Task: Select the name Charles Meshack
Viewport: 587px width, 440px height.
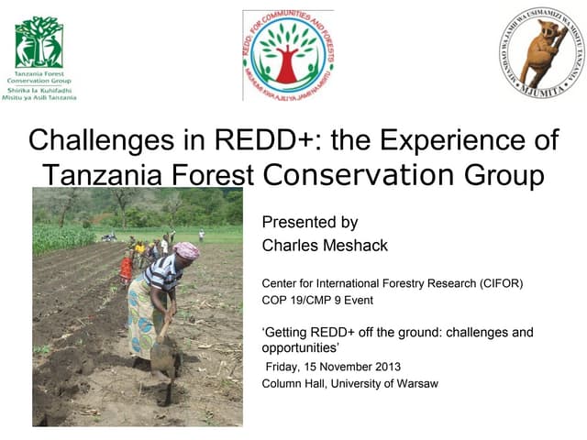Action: pos(312,245)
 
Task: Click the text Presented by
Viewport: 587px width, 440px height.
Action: pos(309,222)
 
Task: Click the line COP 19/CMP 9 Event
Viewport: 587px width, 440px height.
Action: pos(317,300)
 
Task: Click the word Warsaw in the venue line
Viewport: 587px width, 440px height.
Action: pos(414,383)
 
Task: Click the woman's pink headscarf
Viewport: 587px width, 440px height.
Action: pos(187,249)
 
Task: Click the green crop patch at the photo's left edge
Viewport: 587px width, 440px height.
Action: pos(50,238)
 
